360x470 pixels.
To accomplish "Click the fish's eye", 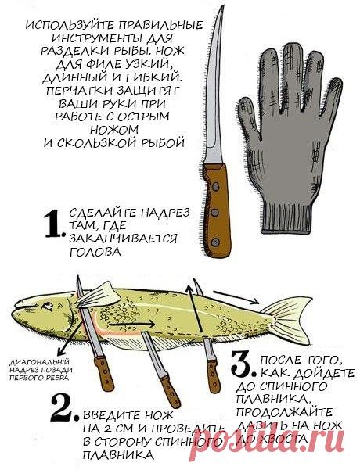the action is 47,306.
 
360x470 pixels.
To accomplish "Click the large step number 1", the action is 54,224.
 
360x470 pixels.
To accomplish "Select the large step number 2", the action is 64,407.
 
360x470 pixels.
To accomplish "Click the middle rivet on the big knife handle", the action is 214,213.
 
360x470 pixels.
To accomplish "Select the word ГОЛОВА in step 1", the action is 95,252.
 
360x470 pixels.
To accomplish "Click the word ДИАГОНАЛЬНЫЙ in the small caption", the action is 40,361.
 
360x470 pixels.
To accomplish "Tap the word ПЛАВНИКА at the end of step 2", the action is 118,455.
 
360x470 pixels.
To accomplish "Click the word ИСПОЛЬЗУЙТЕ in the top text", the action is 70,25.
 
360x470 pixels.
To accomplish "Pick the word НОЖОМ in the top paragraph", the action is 114,130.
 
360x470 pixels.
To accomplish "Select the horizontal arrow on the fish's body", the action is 131,325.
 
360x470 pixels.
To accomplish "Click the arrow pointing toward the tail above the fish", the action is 236,296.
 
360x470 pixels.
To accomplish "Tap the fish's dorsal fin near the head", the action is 98,296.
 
